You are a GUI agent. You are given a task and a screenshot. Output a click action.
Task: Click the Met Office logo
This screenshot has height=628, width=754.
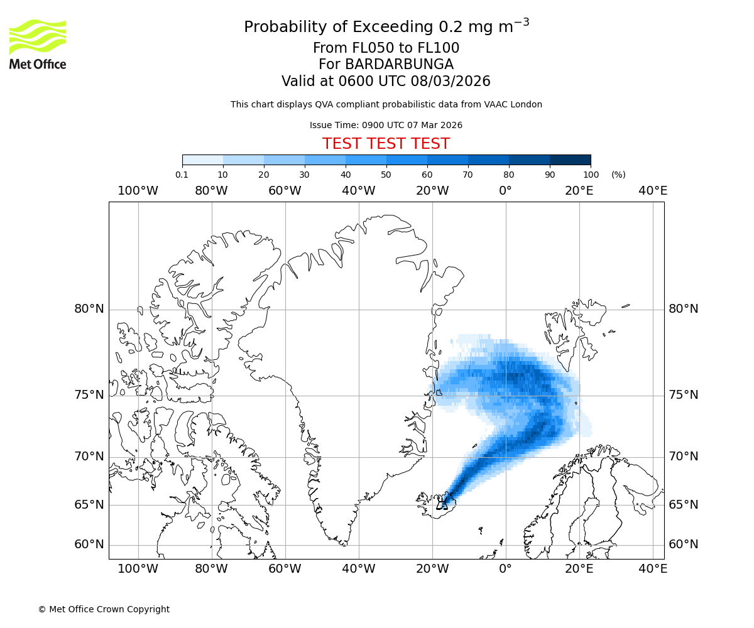[x=38, y=44]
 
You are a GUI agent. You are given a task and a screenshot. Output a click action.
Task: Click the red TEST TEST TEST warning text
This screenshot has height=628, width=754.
[x=386, y=144]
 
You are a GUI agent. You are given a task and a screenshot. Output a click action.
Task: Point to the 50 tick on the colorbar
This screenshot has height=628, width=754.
[x=386, y=175]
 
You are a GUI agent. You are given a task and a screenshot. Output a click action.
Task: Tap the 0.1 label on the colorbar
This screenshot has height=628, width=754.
[x=182, y=175]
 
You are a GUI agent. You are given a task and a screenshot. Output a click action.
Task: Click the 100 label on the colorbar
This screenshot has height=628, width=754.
[x=591, y=175]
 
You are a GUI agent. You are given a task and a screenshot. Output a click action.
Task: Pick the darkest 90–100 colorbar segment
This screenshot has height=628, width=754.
[x=570, y=160]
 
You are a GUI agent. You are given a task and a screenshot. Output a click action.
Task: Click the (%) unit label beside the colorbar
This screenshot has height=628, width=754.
[x=618, y=175]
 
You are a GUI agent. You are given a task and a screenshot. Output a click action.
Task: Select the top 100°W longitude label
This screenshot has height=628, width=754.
[x=138, y=190]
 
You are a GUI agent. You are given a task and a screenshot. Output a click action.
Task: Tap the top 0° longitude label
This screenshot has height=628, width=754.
[x=505, y=190]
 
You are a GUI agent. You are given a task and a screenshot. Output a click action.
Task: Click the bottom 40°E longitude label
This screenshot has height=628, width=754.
[x=652, y=569]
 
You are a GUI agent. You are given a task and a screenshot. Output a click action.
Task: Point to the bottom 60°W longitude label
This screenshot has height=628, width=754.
[x=285, y=569]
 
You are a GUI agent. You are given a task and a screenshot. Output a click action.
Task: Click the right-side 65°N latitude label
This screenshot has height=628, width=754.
[x=683, y=505]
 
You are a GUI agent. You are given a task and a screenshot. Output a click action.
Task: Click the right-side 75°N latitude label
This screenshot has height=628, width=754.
[x=683, y=395]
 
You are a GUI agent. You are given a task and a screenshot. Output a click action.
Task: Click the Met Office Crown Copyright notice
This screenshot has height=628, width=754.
[x=104, y=609]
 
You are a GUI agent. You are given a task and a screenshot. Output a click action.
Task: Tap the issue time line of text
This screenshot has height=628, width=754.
[x=386, y=125]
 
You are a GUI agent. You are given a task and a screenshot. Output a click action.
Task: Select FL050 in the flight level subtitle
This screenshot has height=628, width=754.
[x=373, y=48]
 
